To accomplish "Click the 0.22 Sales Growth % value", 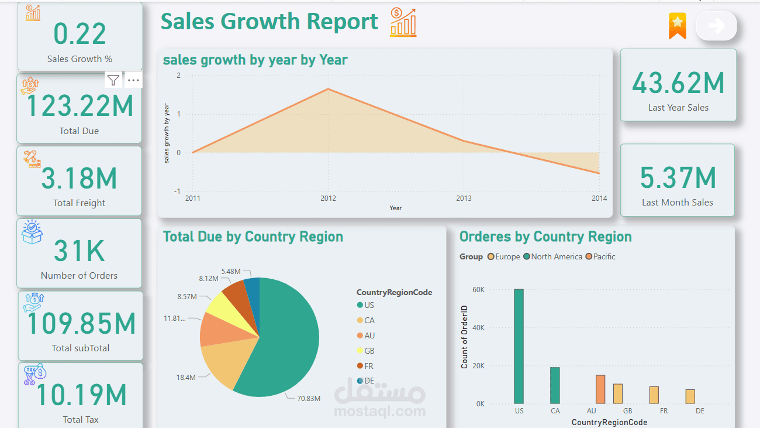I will [80, 34].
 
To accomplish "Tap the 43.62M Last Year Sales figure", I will [678, 83].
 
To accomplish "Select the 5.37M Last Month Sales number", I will [678, 178].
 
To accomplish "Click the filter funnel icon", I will [113, 80].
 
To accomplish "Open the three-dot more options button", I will [133, 80].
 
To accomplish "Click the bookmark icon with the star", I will [677, 26].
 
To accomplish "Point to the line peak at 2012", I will [328, 89].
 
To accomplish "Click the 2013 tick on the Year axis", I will [464, 198].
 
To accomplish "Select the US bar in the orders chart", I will [519, 346].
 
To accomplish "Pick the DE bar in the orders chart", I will [690, 396].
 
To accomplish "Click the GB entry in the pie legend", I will [369, 351].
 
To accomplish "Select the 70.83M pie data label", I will [309, 398].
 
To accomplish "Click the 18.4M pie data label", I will [186, 378].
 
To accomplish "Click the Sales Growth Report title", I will [270, 22].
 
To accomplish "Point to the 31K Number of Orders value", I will [80, 251].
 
